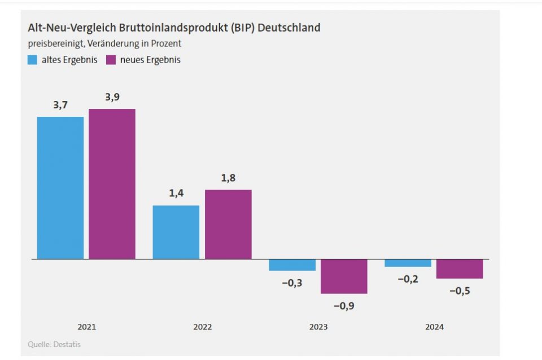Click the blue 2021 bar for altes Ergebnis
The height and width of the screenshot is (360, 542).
pyautogui.click(x=60, y=188)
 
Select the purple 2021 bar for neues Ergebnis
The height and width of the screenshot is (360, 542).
pyautogui.click(x=112, y=184)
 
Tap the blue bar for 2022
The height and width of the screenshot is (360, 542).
pyautogui.click(x=176, y=232)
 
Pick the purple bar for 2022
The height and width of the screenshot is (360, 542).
pyautogui.click(x=228, y=224)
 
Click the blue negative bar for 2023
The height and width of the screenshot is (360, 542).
pyautogui.click(x=292, y=265)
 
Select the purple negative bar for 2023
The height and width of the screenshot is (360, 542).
pyautogui.click(x=344, y=276)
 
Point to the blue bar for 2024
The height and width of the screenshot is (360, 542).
pyautogui.click(x=408, y=263)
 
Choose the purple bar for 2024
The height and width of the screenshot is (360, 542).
pyautogui.click(x=460, y=269)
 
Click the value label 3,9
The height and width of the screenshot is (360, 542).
pyautogui.click(x=112, y=97)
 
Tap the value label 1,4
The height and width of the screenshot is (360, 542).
pyautogui.click(x=176, y=194)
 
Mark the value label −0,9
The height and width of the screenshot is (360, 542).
pyautogui.click(x=344, y=306)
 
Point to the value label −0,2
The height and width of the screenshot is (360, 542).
pyautogui.click(x=408, y=279)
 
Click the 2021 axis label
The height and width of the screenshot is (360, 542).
pyautogui.click(x=86, y=327)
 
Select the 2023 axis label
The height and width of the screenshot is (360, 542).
pyautogui.click(x=318, y=327)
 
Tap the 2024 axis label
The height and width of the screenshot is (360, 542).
pyautogui.click(x=434, y=327)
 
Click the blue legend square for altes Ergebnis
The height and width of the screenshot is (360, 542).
pyautogui.click(x=33, y=60)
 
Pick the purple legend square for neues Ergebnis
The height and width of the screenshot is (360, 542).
pyautogui.click(x=111, y=60)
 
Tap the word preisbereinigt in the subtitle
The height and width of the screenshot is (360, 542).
pyautogui.click(x=54, y=43)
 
